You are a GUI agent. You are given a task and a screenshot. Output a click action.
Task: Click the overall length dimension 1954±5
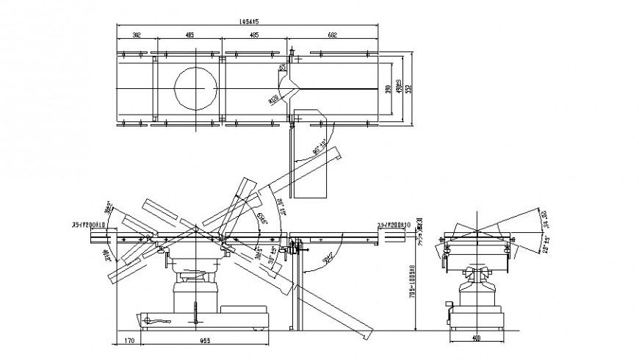[x=250, y=21]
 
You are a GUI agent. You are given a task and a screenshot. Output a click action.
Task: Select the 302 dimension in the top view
[x=137, y=35]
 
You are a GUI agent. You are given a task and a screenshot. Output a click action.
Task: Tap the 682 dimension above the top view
[x=333, y=35]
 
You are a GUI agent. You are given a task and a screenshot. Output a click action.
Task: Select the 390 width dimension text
[x=389, y=90]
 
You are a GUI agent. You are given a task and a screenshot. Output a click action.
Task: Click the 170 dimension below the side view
[x=129, y=340]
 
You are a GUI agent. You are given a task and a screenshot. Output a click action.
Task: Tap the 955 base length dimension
[x=205, y=340]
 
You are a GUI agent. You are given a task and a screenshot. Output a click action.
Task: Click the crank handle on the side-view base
[x=158, y=320]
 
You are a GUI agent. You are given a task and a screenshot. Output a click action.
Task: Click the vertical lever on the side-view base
[x=195, y=312]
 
